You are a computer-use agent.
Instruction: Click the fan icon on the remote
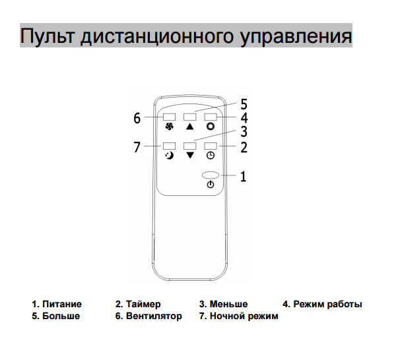[x=169, y=127]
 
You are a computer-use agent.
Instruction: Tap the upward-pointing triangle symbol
[x=189, y=127]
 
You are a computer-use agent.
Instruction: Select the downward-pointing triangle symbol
[x=190, y=156]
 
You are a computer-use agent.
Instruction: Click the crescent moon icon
[x=169, y=156]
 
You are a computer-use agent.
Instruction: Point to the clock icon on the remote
[x=211, y=156]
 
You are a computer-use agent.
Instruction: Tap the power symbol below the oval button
[x=211, y=185]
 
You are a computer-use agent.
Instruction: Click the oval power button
[x=211, y=175]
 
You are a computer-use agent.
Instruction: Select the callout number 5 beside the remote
[x=244, y=104]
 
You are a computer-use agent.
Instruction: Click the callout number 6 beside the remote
[x=137, y=118]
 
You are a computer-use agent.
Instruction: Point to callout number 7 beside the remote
[x=137, y=147]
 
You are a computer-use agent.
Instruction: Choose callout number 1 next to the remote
[x=243, y=176]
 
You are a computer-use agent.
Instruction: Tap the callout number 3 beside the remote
[x=244, y=131]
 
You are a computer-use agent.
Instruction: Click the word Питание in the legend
[x=62, y=304]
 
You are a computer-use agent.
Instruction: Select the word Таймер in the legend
[x=143, y=304]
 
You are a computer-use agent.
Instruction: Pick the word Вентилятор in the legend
[x=154, y=316]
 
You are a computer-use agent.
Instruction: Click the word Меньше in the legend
[x=228, y=304]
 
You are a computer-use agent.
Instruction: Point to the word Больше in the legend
[x=61, y=316]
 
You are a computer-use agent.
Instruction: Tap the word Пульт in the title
[x=48, y=36]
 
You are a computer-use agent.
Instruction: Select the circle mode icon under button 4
[x=211, y=127]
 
